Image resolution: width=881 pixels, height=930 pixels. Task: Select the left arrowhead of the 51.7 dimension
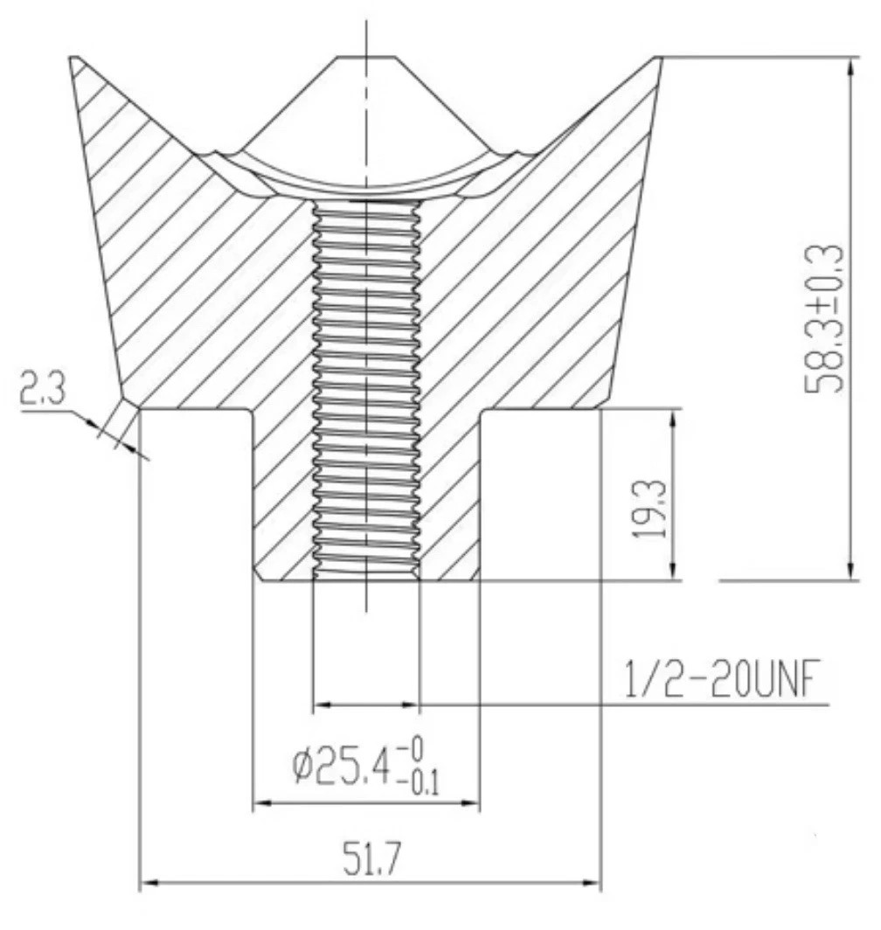point(150,884)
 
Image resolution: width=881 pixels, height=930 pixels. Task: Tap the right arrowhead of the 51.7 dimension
point(593,884)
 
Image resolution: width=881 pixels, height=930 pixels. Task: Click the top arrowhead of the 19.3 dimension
point(672,419)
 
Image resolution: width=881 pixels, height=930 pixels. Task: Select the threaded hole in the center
point(366,385)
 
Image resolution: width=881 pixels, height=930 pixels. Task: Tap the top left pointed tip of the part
point(74,59)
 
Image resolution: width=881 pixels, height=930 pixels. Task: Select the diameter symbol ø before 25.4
point(302,767)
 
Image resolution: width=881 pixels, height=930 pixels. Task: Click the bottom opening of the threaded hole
point(366,578)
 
